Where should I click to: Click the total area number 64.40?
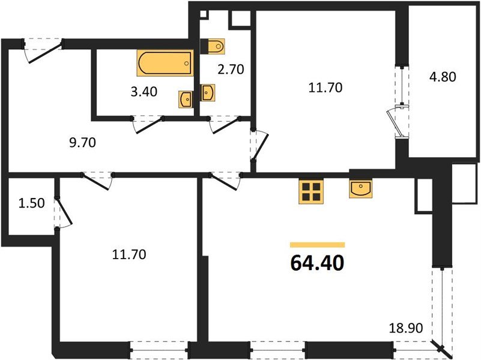(x=317, y=263)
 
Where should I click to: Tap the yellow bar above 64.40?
(x=317, y=245)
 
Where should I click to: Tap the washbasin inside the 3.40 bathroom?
(x=186, y=99)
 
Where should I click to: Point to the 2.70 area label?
(x=231, y=69)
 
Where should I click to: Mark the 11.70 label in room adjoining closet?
(x=129, y=254)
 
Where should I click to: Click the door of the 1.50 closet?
(x=62, y=212)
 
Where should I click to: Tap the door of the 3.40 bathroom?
(x=148, y=123)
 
